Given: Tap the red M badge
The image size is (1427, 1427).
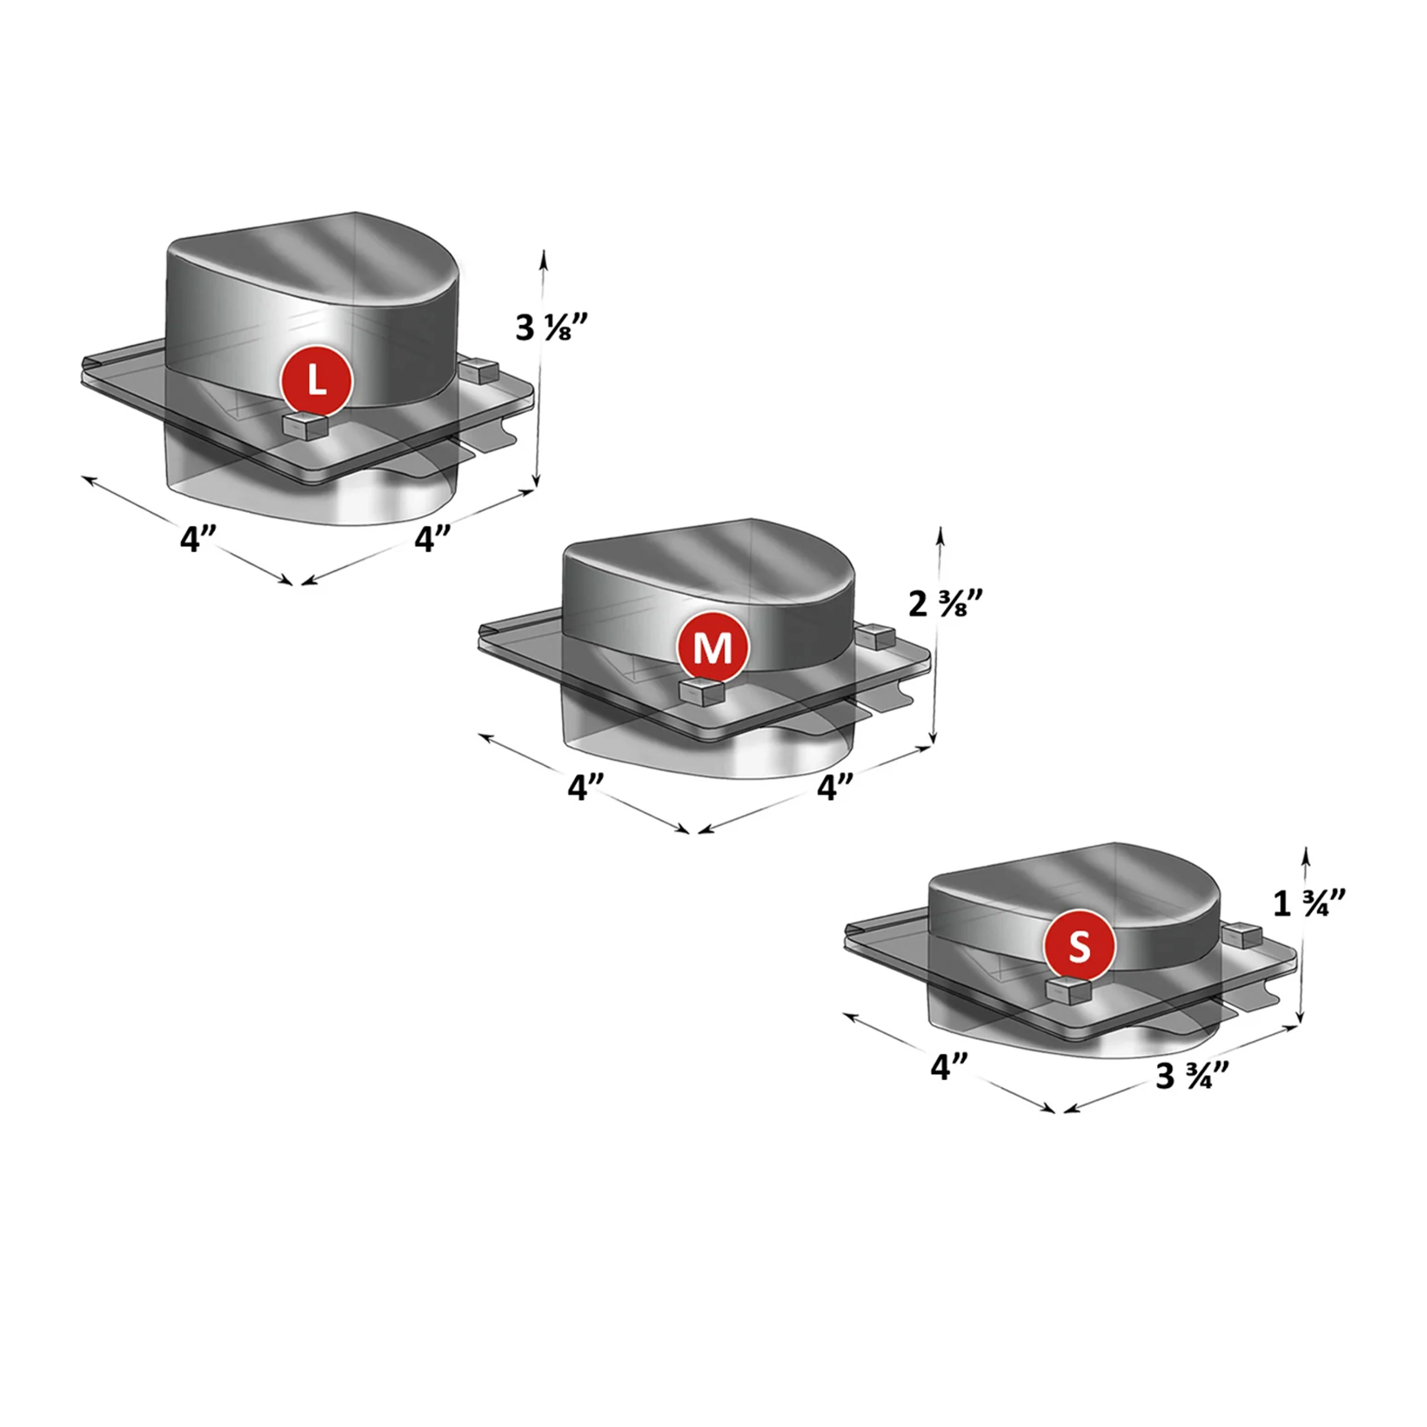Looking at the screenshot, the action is [x=713, y=647].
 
